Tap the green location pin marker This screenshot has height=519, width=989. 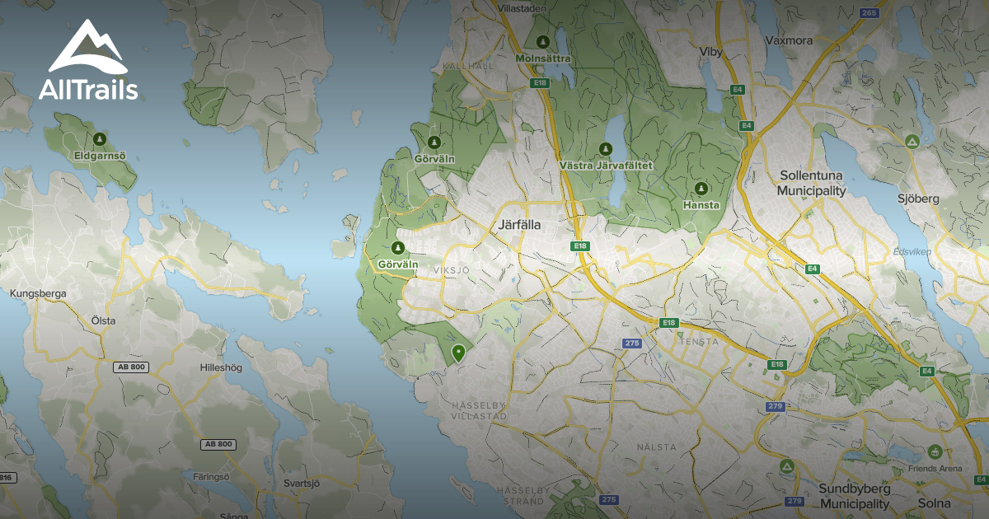458,353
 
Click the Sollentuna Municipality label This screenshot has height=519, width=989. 813,183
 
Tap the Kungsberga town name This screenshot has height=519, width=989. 38,293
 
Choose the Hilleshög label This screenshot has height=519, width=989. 222,368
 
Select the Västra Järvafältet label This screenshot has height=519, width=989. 606,166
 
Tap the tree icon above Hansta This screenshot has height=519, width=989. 701,188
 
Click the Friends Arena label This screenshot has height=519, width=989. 935,468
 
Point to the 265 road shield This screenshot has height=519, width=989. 868,12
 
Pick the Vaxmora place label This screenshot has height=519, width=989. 789,40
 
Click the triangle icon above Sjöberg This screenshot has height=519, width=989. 912,142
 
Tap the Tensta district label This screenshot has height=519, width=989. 699,341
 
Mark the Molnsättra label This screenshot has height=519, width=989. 542,58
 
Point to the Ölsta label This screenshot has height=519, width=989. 103,320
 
